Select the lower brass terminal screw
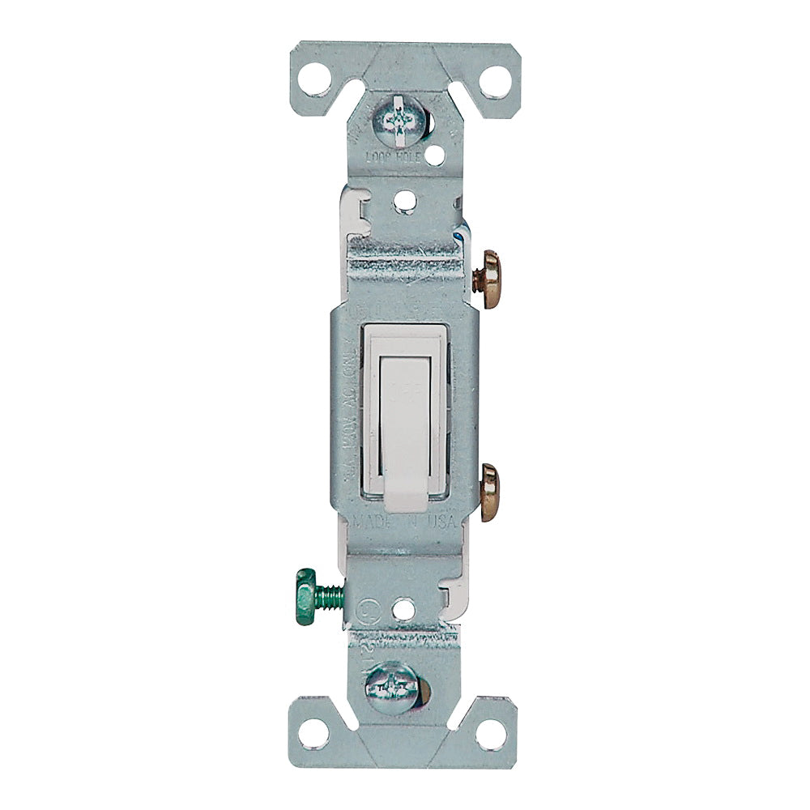(x=489, y=492)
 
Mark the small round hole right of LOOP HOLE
(x=438, y=151)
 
